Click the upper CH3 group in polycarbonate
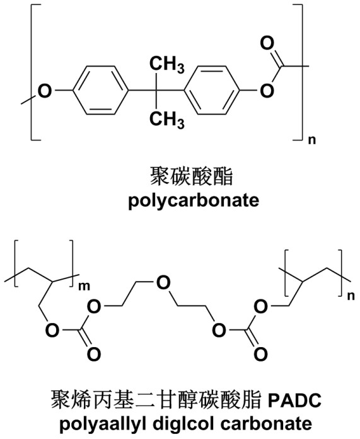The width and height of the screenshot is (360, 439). click(166, 64)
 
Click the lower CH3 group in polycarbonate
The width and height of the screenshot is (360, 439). click(166, 120)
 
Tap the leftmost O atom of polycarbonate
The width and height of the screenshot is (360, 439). click(45, 91)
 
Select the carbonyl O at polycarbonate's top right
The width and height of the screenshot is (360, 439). click(267, 43)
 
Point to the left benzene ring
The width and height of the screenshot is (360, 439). click(101, 90)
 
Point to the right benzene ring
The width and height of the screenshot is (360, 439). click(212, 90)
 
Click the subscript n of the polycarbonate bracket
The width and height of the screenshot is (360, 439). click(312, 140)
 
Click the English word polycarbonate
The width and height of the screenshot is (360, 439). click(194, 200)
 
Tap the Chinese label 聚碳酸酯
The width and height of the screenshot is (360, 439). click(192, 176)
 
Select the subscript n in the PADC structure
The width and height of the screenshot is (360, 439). click(351, 295)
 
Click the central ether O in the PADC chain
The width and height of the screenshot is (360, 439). click(163, 283)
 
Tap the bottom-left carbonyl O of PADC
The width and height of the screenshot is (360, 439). click(94, 354)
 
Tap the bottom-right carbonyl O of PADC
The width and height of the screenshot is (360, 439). click(260, 354)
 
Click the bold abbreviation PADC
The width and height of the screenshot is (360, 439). click(294, 401)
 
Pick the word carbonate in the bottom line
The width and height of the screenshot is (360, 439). click(266, 423)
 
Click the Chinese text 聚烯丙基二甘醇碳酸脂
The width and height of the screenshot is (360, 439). click(156, 400)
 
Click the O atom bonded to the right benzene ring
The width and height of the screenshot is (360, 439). click(267, 91)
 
